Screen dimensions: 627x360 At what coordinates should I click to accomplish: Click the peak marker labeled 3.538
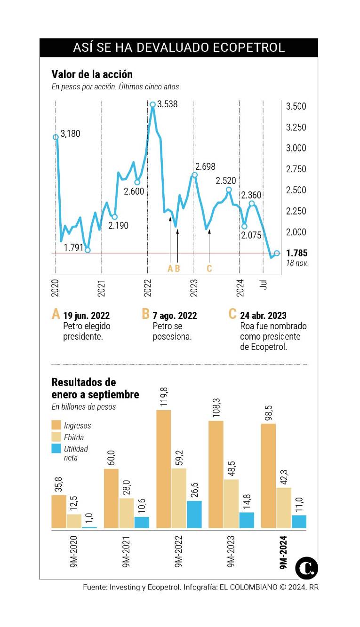coord(152,104)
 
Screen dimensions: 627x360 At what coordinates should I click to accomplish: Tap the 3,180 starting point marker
coord(56,137)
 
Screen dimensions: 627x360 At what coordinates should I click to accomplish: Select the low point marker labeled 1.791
coord(88,250)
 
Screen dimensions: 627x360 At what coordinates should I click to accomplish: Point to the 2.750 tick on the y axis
coord(296,169)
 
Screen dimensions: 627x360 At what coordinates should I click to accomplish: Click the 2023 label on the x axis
coord(193,287)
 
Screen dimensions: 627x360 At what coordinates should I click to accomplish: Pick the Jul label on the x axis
coord(265,284)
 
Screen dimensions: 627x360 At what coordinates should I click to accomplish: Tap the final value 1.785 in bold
coord(296,254)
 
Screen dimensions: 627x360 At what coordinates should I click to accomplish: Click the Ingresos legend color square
coord(56,425)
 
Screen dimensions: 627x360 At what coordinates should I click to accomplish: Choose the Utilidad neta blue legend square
coord(56,449)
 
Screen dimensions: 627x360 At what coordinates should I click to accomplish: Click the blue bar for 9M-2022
coord(194,514)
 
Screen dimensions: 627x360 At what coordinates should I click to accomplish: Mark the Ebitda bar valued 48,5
coord(231,503)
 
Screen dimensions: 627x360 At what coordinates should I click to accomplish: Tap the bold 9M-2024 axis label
coord(283,552)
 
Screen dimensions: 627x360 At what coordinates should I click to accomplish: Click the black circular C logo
coord(306,568)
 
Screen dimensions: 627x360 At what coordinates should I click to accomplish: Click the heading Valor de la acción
coord(92,74)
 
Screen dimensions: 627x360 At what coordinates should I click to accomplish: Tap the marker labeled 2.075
coord(244,226)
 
